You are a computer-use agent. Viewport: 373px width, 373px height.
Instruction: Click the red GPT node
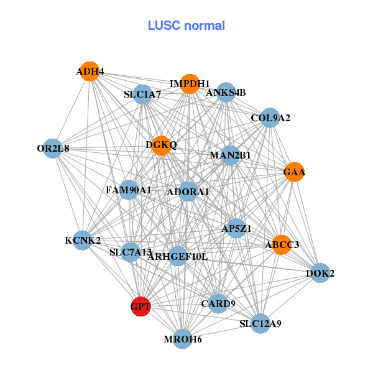pos(140,306)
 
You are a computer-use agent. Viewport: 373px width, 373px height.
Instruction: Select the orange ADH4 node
pos(90,71)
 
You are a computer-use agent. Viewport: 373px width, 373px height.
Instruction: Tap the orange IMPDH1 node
pos(190,83)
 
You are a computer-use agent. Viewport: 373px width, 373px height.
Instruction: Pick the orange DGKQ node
pos(161,145)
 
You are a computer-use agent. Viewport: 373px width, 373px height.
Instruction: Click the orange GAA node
pos(295,172)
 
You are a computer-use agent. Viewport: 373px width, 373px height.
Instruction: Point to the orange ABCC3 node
pos(282,245)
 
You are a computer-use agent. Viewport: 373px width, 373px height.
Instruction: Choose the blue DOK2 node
pos(320,273)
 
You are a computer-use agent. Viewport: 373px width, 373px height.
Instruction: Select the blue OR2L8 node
pos(53,149)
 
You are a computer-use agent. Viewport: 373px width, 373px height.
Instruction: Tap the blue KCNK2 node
pos(83,240)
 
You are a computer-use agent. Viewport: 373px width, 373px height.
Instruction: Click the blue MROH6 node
pos(182,339)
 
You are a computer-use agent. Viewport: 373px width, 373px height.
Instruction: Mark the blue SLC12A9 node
pos(260,323)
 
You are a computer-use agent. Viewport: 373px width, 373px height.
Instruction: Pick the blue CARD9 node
pos(218,303)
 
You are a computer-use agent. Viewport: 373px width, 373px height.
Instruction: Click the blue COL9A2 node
pos(270,117)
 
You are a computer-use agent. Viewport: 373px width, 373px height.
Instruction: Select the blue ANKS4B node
pos(226,93)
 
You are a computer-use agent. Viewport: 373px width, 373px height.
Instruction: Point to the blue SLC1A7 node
pos(142,94)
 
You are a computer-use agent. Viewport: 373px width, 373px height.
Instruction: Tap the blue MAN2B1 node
pos(230,155)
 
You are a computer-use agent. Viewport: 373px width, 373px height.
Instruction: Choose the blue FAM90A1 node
pos(129,190)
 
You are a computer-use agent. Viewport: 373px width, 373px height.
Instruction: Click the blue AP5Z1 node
pos(236,229)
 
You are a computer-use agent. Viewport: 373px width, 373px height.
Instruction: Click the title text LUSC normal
pos(186,25)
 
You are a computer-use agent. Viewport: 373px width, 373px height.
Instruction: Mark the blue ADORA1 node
pos(188,192)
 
